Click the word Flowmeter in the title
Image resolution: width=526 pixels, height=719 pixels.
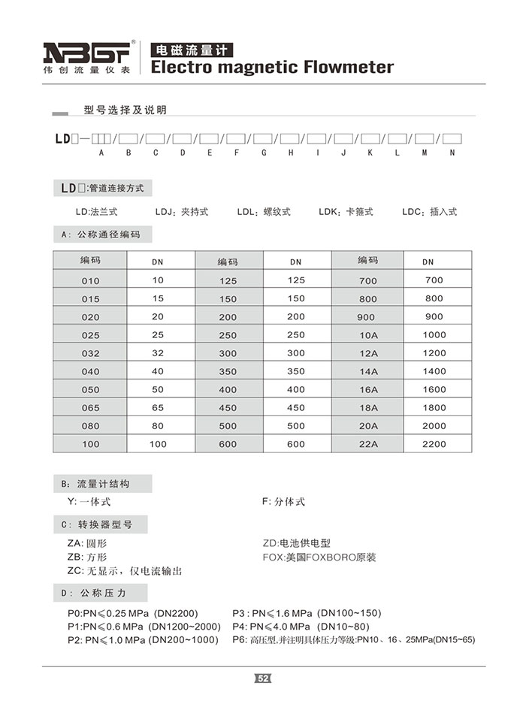349,68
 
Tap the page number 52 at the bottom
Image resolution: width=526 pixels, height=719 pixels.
263,679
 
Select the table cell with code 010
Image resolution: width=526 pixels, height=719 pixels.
90,280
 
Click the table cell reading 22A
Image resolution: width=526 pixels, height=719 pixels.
368,444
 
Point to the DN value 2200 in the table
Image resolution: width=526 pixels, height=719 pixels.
434,444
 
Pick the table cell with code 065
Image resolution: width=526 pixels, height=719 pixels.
90,408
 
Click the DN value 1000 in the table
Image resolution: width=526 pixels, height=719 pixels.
434,335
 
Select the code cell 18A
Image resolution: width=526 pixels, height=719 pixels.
368,408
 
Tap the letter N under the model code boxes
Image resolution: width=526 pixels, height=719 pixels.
452,153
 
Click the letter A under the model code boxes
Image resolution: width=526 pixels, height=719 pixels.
101,153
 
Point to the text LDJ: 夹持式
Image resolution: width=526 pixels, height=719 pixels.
182,212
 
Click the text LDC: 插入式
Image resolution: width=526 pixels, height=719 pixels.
429,212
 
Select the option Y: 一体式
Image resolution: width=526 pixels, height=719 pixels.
89,502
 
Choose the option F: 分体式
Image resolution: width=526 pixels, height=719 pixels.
283,502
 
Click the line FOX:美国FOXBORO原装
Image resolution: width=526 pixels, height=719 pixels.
319,557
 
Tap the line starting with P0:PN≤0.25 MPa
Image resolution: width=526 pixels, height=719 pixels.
133,612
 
